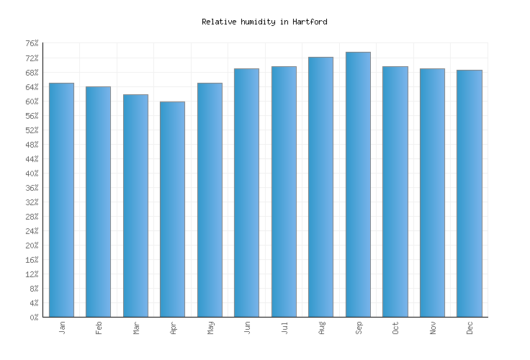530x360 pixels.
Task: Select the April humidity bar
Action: tap(172, 209)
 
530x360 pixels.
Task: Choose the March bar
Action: tap(135, 205)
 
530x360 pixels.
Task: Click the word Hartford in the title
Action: tap(310, 22)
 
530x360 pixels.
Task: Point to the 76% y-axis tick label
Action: tap(32, 44)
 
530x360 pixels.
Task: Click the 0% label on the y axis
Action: tap(34, 318)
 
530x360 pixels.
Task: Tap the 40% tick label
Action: tap(32, 174)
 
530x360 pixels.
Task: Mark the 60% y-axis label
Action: tap(32, 102)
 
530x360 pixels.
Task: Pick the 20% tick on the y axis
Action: tap(32, 246)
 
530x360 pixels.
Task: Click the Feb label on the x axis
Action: tap(99, 328)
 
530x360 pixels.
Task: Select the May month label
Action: tap(210, 328)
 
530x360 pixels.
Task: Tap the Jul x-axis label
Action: tap(284, 328)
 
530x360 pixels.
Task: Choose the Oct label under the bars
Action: tap(395, 328)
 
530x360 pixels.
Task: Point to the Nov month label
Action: tap(432, 328)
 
